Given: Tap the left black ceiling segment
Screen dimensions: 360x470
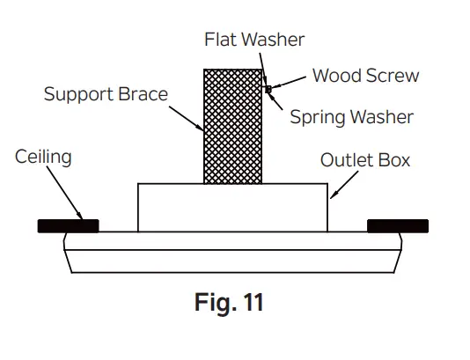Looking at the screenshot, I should coord(68,226).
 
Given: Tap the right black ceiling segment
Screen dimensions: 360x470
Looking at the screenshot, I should coord(398,226).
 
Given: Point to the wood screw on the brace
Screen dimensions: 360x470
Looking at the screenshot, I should coord(268,89).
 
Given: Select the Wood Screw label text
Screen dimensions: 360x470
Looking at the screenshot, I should coord(365,76).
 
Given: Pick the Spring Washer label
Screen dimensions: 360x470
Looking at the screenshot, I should coord(351,116).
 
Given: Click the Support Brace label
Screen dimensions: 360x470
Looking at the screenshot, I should coord(106,93).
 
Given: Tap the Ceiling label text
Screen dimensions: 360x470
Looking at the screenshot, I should coord(43,158).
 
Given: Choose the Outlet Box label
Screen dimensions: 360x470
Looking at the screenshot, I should coord(364,161).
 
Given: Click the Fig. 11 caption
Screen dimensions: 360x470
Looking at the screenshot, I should coord(228,303).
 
